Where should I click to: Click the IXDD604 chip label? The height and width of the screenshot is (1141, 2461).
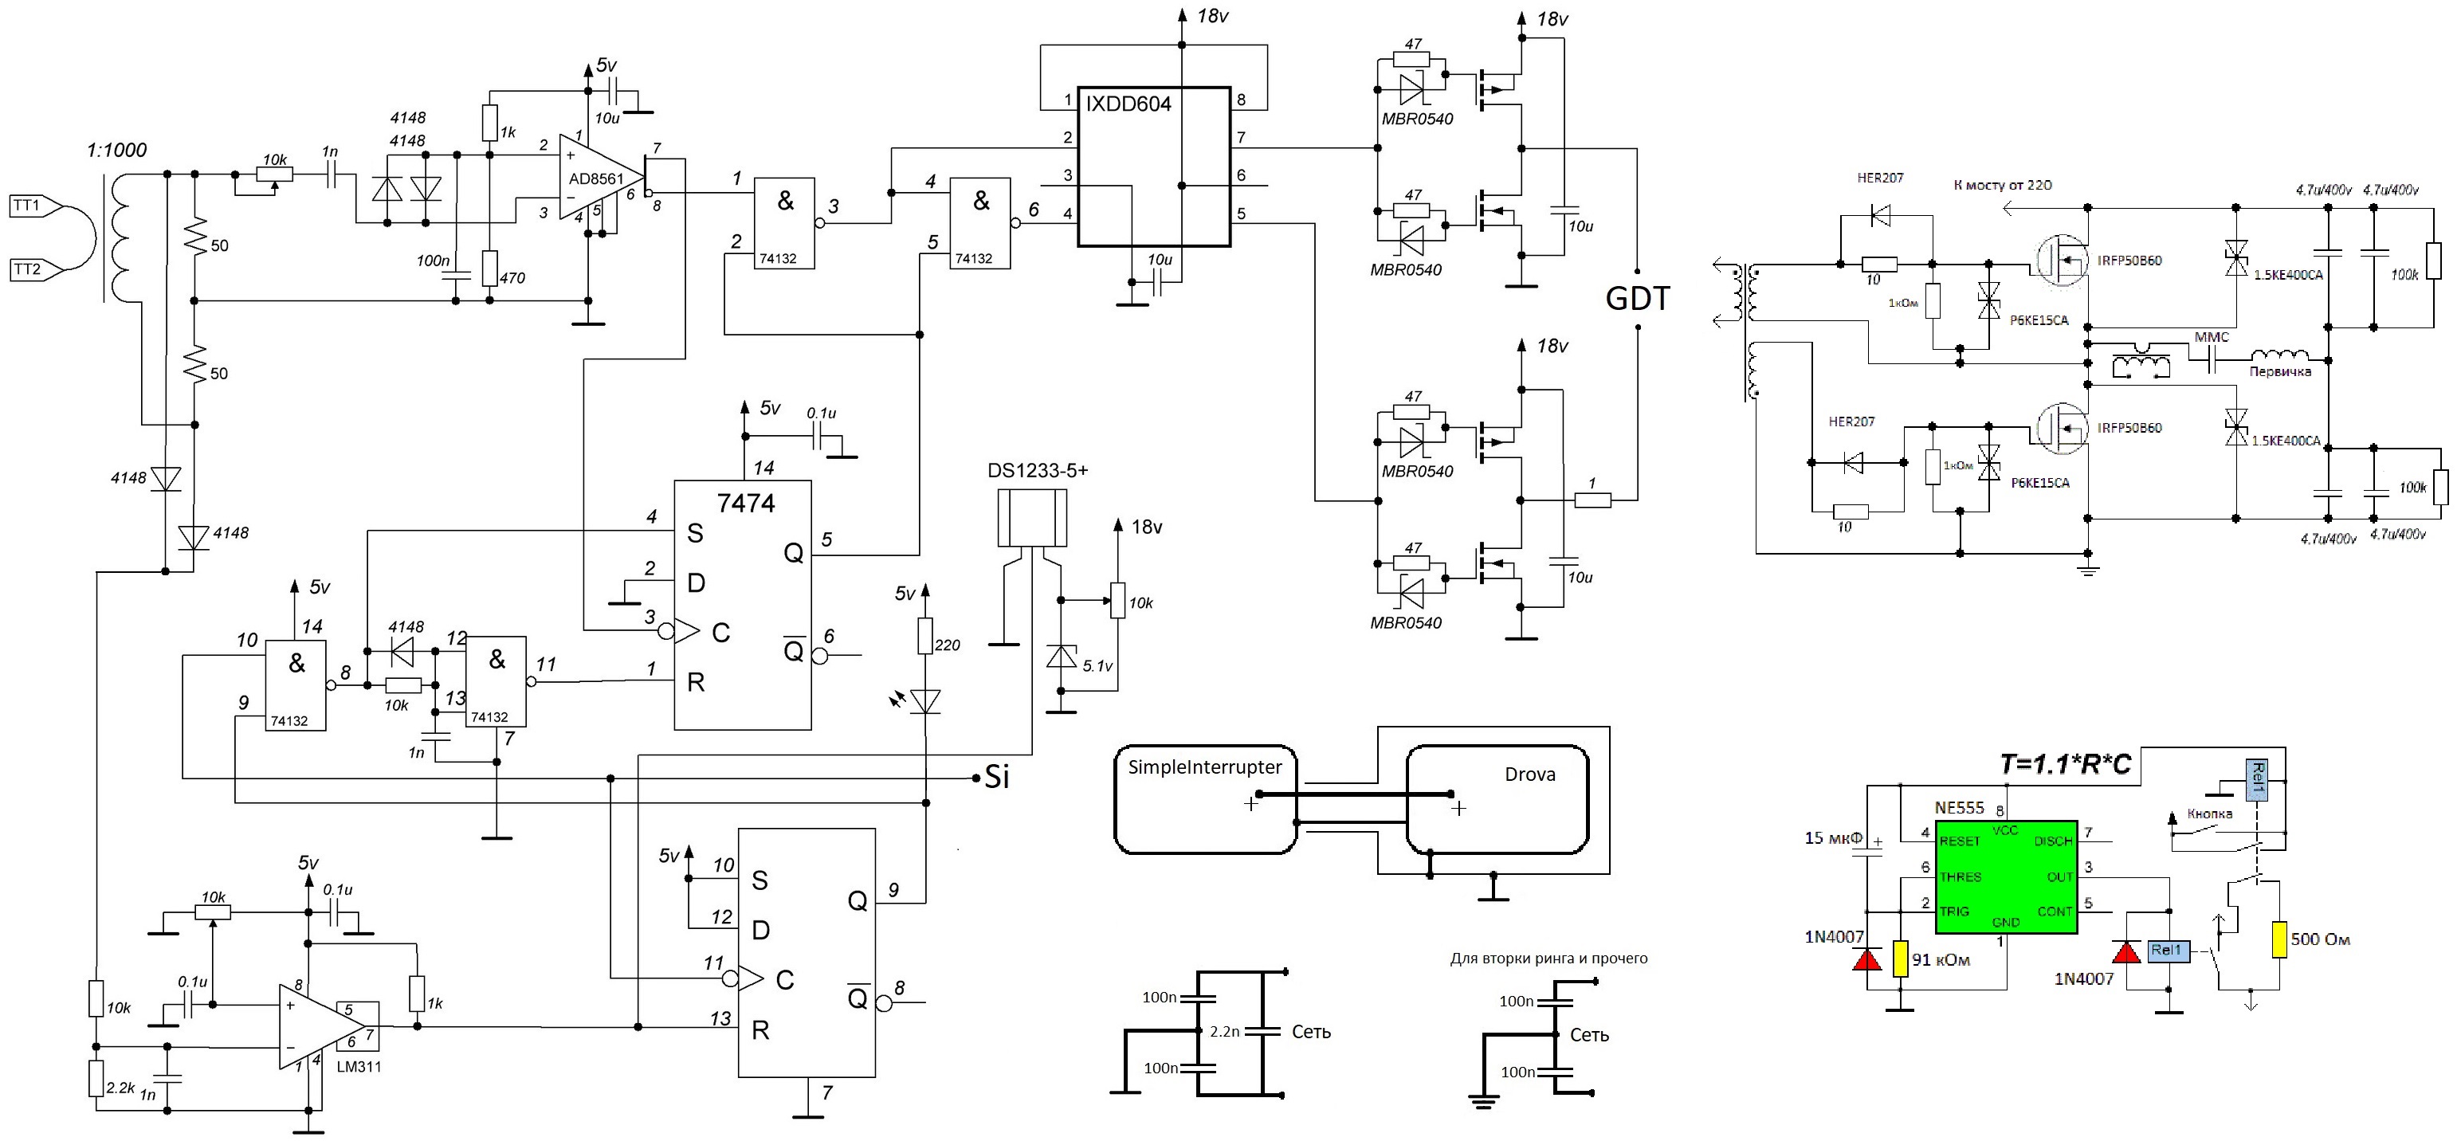(1128, 104)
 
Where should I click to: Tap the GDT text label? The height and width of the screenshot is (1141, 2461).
(1638, 299)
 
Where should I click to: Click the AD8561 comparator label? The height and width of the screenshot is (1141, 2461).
(595, 178)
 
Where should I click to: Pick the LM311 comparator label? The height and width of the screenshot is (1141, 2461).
(359, 1067)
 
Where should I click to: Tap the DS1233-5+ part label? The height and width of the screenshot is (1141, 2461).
(1038, 471)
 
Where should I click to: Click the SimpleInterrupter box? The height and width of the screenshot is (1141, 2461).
(1206, 799)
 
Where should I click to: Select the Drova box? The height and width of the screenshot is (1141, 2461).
(1497, 799)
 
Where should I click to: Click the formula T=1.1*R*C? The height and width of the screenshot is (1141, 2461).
(2066, 764)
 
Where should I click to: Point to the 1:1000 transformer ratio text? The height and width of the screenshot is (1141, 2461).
(116, 150)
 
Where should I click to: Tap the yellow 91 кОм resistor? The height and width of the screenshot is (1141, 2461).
(1900, 958)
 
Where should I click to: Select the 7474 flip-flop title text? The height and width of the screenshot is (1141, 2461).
(746, 504)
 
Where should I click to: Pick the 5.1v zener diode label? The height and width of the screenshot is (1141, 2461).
(1097, 665)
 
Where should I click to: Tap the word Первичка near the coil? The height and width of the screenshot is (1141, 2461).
(2279, 371)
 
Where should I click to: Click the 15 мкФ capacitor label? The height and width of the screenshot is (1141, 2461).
(1833, 838)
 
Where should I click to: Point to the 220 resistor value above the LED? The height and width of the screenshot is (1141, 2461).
(947, 645)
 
